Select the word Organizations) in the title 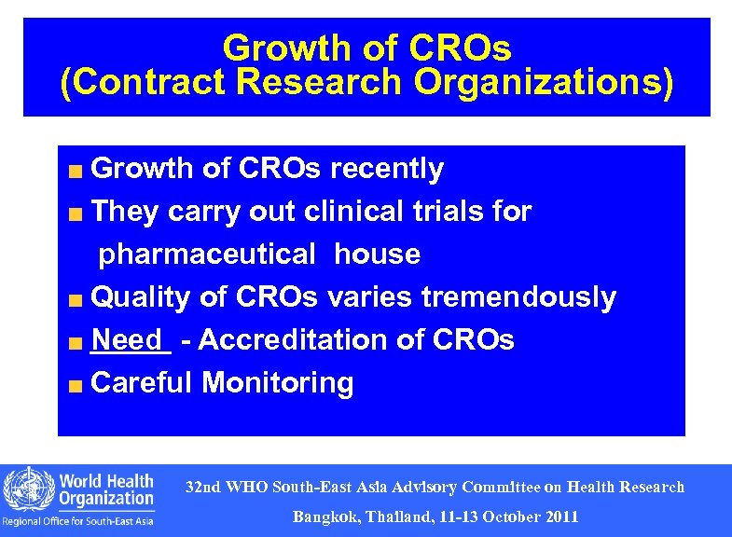pyautogui.click(x=543, y=83)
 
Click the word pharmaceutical pyautogui.click(x=208, y=254)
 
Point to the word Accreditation pyautogui.click(x=294, y=340)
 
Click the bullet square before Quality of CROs pyautogui.click(x=76, y=300)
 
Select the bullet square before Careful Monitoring pyautogui.click(x=76, y=385)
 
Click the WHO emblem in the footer pyautogui.click(x=26, y=489)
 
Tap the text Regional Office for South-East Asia pyautogui.click(x=78, y=521)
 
